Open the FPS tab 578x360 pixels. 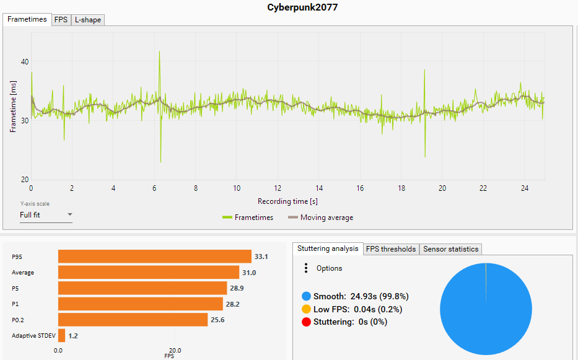(x=61, y=20)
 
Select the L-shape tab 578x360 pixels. (x=87, y=20)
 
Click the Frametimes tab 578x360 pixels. (x=27, y=19)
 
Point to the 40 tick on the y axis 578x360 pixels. (x=25, y=62)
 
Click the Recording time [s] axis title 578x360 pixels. (x=287, y=201)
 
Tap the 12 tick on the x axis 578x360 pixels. (x=278, y=188)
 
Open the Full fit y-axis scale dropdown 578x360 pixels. (x=46, y=215)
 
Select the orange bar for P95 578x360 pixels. (x=154, y=257)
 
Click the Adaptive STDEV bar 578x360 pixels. (x=61, y=336)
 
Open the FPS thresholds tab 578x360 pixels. (x=390, y=249)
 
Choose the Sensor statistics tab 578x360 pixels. (x=450, y=249)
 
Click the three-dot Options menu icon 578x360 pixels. (x=305, y=268)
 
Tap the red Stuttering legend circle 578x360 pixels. (x=306, y=322)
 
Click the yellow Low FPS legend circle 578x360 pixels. (x=306, y=309)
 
